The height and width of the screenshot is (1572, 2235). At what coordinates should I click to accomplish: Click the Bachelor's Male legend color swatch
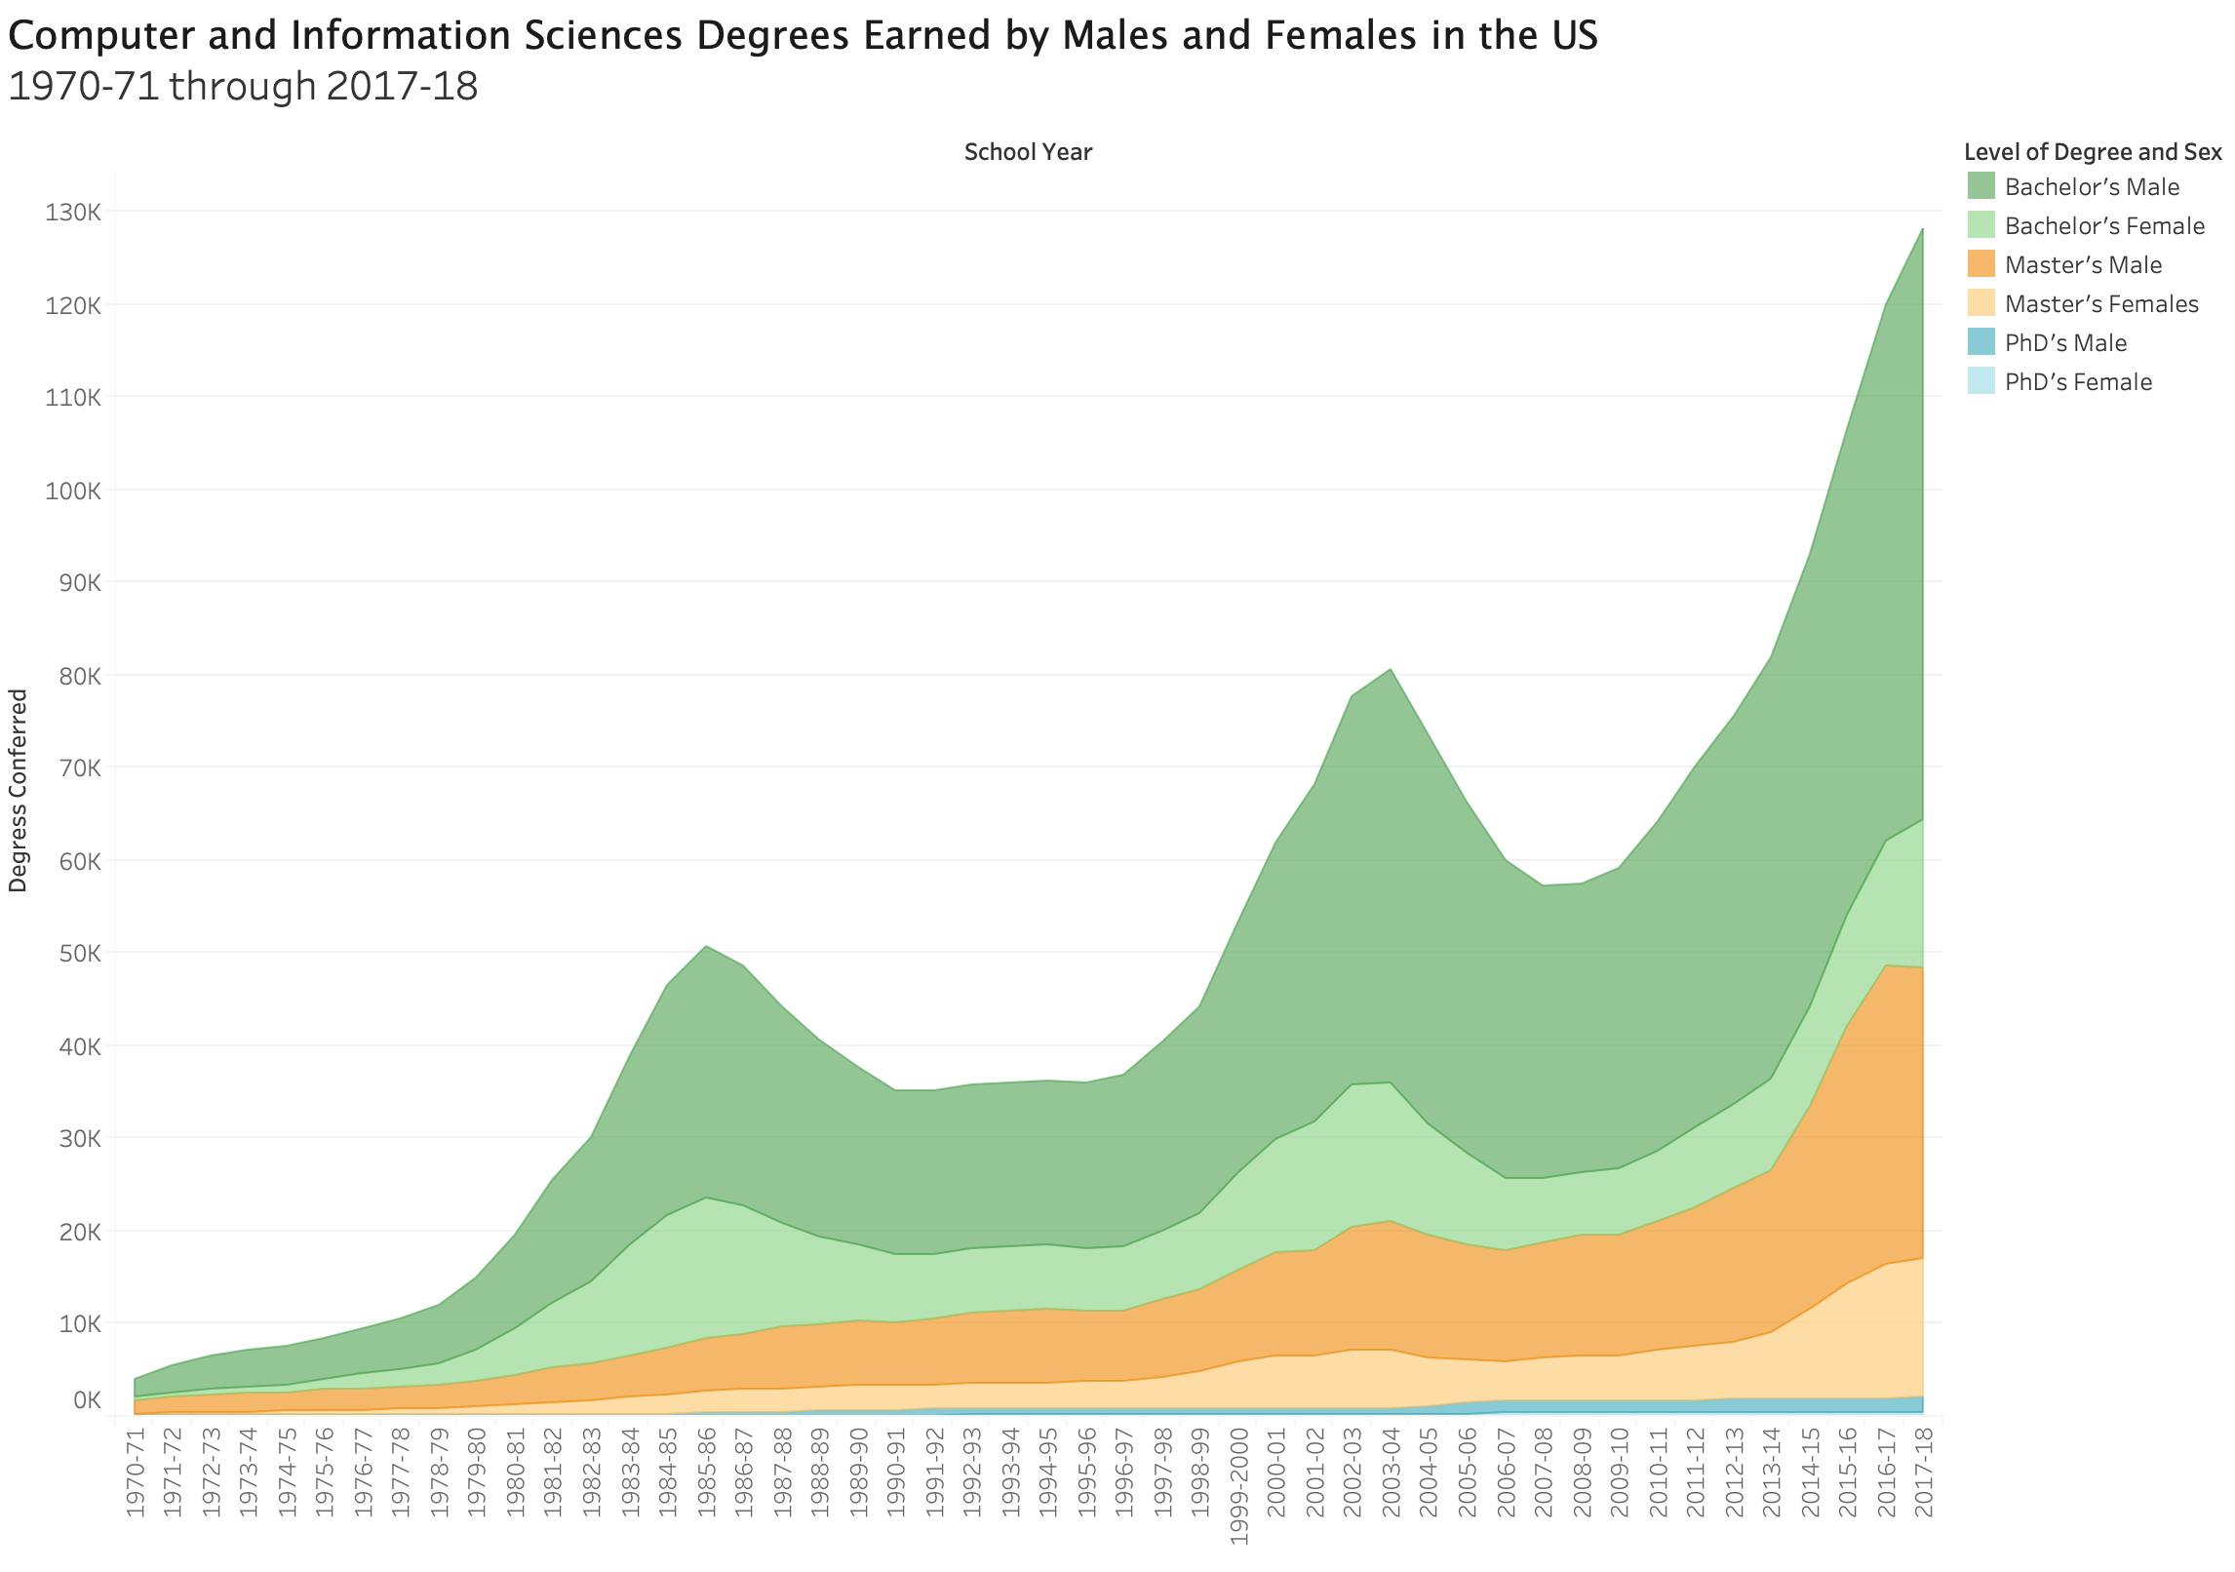(x=1980, y=186)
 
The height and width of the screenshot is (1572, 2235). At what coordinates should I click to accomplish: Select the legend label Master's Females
(x=2101, y=304)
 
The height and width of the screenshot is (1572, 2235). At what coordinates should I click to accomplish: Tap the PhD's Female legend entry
(x=2077, y=382)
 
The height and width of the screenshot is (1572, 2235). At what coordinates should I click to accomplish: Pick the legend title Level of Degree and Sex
(x=2093, y=152)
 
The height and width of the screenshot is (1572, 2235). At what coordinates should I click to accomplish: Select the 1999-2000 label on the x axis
(x=1239, y=1487)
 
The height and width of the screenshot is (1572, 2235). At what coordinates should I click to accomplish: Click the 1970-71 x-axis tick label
(x=135, y=1473)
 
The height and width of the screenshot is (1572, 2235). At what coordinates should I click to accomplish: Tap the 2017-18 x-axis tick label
(x=1924, y=1473)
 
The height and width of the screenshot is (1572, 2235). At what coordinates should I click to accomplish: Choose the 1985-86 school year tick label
(x=706, y=1473)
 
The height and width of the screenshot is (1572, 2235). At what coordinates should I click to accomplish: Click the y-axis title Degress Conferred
(x=19, y=790)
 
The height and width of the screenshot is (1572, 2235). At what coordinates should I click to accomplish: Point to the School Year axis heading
(x=1028, y=152)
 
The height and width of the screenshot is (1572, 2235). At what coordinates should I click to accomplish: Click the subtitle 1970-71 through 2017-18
(x=243, y=87)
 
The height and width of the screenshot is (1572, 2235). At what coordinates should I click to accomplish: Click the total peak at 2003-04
(x=1391, y=669)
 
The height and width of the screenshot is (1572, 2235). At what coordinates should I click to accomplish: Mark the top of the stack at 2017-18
(x=1922, y=229)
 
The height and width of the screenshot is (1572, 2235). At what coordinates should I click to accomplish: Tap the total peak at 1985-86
(x=706, y=946)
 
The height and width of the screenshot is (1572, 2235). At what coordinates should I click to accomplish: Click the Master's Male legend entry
(x=2083, y=265)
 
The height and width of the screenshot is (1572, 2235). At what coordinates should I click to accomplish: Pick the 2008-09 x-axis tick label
(x=1582, y=1473)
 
